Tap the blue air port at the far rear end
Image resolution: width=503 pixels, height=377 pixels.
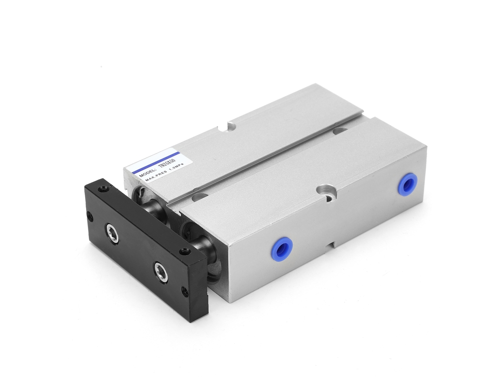coord(406,184)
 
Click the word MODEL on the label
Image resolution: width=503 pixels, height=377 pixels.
coord(147,172)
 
